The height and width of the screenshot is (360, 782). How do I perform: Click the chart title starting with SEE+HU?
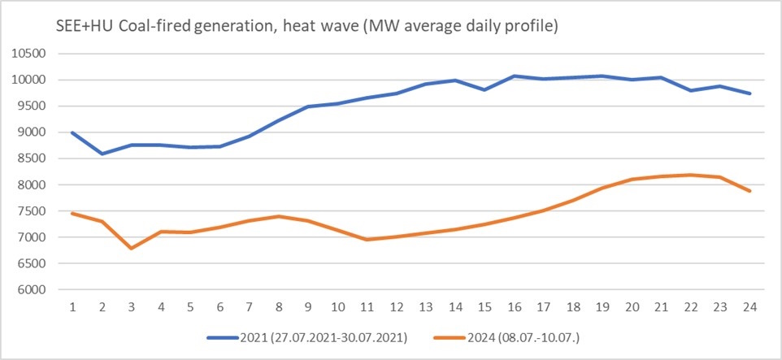[285, 26]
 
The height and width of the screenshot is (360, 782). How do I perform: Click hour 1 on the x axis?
[72, 308]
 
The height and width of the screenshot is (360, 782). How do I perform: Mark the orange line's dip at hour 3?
[132, 248]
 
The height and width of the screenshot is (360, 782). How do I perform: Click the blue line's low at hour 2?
[102, 154]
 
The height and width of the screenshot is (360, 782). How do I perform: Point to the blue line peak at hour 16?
[515, 76]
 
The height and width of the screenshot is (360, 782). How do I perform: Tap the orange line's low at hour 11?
[367, 240]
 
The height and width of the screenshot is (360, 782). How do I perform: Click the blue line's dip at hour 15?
[485, 89]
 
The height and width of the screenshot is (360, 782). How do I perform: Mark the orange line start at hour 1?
[72, 213]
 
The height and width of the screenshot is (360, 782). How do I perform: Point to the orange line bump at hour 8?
[279, 216]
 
